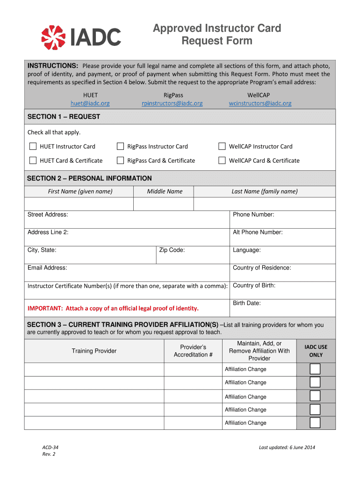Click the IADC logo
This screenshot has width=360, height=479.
(81, 37)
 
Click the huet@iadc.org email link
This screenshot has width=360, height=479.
(90, 103)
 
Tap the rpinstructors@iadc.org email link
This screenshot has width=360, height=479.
(173, 103)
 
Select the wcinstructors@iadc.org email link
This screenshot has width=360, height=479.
(260, 103)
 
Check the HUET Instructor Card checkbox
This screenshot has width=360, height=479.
(33, 146)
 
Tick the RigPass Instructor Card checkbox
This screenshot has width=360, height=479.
(121, 146)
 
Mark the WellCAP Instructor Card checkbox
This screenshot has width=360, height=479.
(222, 146)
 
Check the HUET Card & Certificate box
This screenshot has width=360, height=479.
(33, 160)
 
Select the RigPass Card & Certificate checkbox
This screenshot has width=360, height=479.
(121, 160)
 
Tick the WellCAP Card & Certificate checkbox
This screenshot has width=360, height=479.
(222, 160)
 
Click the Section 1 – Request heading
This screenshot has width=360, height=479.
(64, 116)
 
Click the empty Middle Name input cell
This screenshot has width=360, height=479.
(164, 204)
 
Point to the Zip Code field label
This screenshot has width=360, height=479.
(172, 250)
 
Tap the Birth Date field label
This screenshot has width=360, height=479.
(247, 303)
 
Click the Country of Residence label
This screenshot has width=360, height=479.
(262, 268)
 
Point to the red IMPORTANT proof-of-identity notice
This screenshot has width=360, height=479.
(113, 308)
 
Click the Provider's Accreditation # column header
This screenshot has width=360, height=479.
(193, 351)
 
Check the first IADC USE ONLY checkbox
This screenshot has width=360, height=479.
(316, 369)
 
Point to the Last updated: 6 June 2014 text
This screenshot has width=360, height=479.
(287, 448)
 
